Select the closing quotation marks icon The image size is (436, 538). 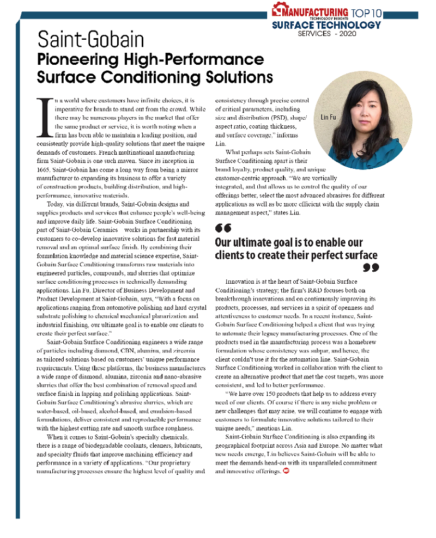coord(370,267)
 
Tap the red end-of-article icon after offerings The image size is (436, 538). coord(286,470)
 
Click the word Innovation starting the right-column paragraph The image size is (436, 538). coord(242,282)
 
